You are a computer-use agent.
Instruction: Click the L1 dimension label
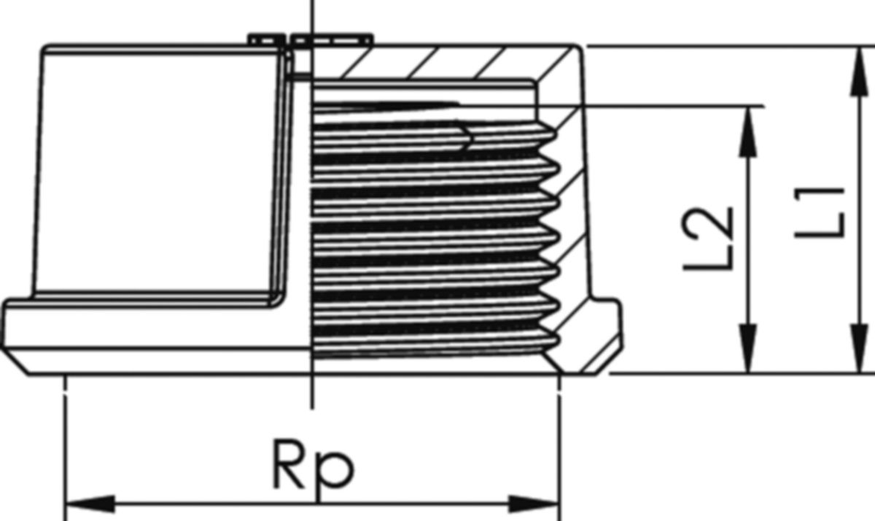pyautogui.click(x=820, y=213)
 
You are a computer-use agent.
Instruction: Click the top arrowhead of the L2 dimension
pyautogui.click(x=747, y=131)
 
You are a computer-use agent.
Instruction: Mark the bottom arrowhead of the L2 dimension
pyautogui.click(x=747, y=348)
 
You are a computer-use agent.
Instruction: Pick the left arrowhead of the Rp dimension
pyautogui.click(x=90, y=504)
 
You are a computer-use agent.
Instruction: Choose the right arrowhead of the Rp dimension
pyautogui.click(x=534, y=504)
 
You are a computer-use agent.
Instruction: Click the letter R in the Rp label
pyautogui.click(x=289, y=464)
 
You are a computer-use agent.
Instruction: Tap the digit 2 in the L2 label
pyautogui.click(x=707, y=223)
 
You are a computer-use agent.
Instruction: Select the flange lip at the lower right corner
pyautogui.click(x=604, y=336)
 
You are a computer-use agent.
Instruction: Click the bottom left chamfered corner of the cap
pyautogui.click(x=15, y=361)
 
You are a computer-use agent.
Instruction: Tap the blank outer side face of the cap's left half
pyautogui.click(x=156, y=172)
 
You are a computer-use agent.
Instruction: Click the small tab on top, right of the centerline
pyautogui.click(x=332, y=39)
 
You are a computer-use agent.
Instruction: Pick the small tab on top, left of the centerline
pyautogui.click(x=267, y=39)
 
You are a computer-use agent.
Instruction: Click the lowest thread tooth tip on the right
pyautogui.click(x=556, y=341)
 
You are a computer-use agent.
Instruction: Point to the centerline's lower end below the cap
pyautogui.click(x=312, y=409)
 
